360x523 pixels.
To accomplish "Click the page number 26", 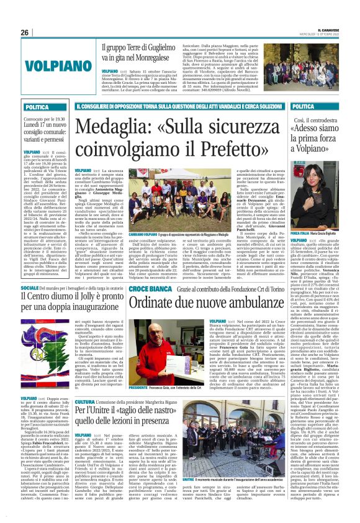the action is coord(25,32).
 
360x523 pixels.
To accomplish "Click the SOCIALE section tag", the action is coord(32,289).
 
